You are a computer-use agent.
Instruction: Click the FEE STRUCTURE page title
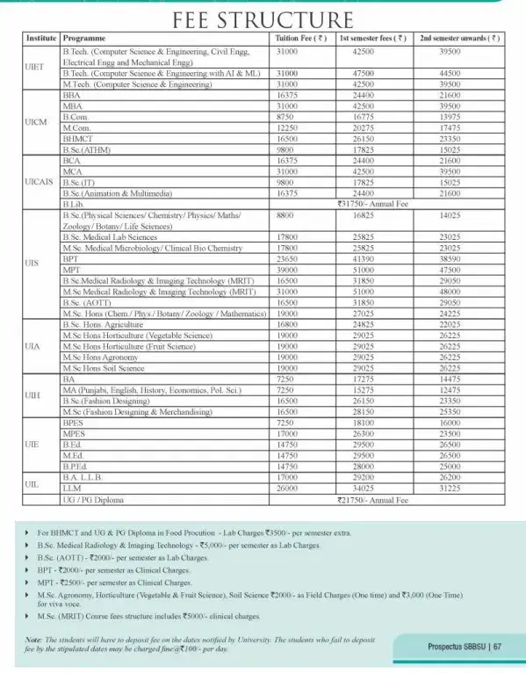pos(263,20)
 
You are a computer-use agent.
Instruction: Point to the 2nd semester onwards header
pos(460,40)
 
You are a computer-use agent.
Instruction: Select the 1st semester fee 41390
pos(370,261)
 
